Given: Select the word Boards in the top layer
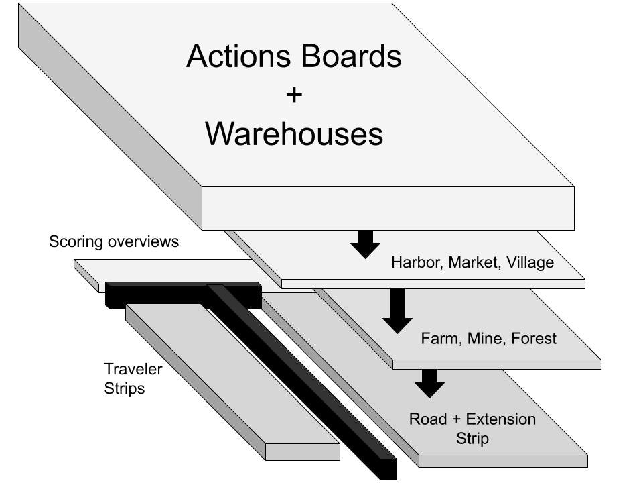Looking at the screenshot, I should (x=348, y=56).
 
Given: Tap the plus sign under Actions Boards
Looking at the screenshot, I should (x=293, y=95).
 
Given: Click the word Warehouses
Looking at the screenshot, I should (x=294, y=133).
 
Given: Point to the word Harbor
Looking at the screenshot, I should (x=416, y=262).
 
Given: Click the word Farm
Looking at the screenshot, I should (x=439, y=339).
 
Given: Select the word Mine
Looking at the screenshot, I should (x=484, y=339).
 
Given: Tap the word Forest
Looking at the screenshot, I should (x=534, y=339).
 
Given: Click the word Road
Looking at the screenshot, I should (x=427, y=419).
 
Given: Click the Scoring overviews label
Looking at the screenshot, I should (x=114, y=241).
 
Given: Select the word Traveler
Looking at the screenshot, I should (x=133, y=368).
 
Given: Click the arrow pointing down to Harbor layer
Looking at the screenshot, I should (x=365, y=244).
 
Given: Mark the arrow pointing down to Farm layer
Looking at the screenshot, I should (x=397, y=311).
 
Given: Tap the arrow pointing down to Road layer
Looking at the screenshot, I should (x=429, y=383).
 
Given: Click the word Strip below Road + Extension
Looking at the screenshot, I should (x=473, y=439).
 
